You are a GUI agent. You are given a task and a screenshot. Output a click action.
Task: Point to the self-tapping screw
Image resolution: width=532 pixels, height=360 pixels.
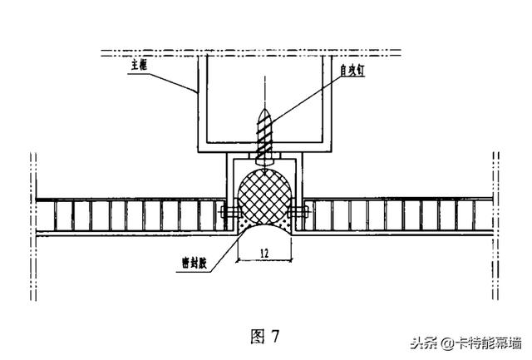click(x=265, y=133)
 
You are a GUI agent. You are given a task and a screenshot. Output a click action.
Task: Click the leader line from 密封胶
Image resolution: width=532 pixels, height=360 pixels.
click(x=223, y=245)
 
